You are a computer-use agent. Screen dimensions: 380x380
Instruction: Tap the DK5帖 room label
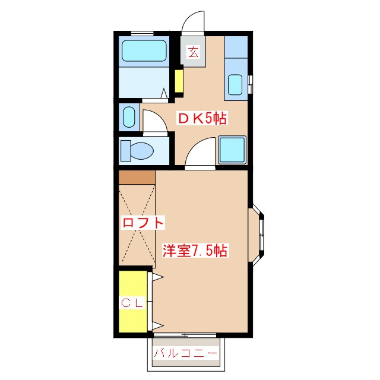202,118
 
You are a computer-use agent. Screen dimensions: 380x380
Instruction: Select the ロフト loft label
142,223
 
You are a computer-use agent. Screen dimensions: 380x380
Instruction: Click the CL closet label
132,303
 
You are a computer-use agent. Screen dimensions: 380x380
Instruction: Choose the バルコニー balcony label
186,353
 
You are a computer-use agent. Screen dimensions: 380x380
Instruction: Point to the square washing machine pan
232,150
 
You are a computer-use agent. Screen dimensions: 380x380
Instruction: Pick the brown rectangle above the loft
137,178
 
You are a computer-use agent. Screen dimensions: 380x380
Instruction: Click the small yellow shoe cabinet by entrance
179,83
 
